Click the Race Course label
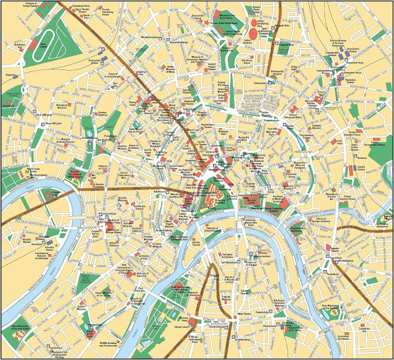pyautogui.click(x=44, y=44)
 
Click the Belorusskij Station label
pyautogui.click(x=94, y=61)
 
